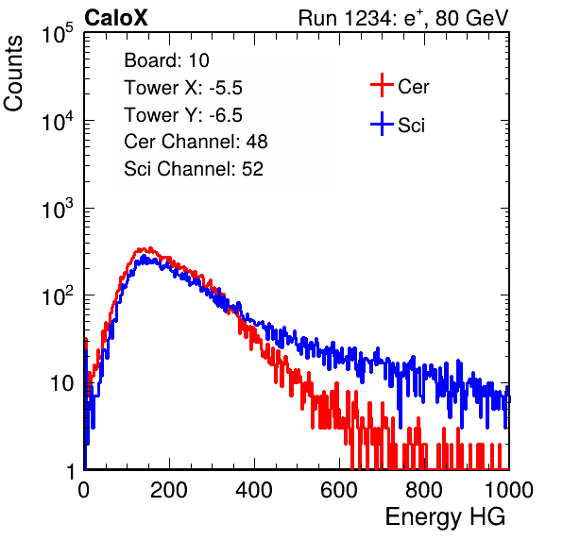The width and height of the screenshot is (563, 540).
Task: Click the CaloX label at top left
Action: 116,18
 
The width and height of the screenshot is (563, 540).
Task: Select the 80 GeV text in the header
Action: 471,18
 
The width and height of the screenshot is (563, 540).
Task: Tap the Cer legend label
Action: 413,87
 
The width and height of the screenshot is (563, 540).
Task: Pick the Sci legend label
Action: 411,126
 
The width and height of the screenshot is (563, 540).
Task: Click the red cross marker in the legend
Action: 382,85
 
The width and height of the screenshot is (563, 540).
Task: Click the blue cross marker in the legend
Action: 382,124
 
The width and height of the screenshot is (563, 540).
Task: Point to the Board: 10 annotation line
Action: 166,60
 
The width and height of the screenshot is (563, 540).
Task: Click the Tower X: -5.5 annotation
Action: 183,88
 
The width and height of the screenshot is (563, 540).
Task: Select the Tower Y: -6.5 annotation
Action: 183,115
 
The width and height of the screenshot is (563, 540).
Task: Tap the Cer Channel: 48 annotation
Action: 196,142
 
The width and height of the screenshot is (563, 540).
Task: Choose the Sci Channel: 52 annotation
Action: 194,169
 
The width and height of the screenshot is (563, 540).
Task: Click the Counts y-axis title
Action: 13,74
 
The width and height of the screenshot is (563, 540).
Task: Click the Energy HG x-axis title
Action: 445,517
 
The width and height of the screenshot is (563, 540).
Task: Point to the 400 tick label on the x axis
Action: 254,490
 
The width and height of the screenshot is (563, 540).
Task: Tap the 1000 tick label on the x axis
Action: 509,490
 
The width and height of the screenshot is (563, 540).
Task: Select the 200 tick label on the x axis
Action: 169,490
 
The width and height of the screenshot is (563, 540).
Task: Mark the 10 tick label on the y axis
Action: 61,383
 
